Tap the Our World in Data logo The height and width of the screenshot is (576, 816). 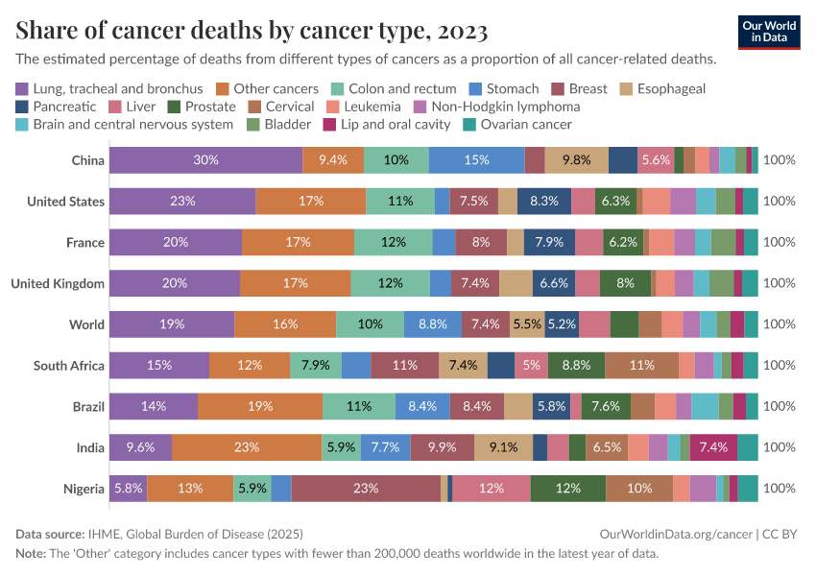click(x=771, y=32)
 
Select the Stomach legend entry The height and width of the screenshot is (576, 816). click(x=510, y=88)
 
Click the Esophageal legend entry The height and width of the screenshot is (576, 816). click(x=668, y=88)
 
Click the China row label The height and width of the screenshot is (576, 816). click(x=87, y=160)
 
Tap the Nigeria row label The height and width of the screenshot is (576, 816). click(x=84, y=489)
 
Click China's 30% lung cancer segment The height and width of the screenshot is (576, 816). click(x=205, y=160)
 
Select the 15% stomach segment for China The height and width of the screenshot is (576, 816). click(x=476, y=160)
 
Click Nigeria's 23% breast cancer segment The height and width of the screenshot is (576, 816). click(x=366, y=489)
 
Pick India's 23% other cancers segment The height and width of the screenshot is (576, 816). click(x=247, y=447)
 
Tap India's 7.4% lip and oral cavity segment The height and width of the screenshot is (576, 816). click(x=714, y=447)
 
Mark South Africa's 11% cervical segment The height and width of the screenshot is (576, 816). click(x=642, y=365)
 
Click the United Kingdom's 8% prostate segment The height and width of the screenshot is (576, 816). click(x=625, y=283)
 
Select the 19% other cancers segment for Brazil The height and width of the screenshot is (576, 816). click(x=260, y=406)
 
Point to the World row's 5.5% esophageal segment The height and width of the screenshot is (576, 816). click(x=527, y=324)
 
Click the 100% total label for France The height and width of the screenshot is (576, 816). click(x=779, y=242)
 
